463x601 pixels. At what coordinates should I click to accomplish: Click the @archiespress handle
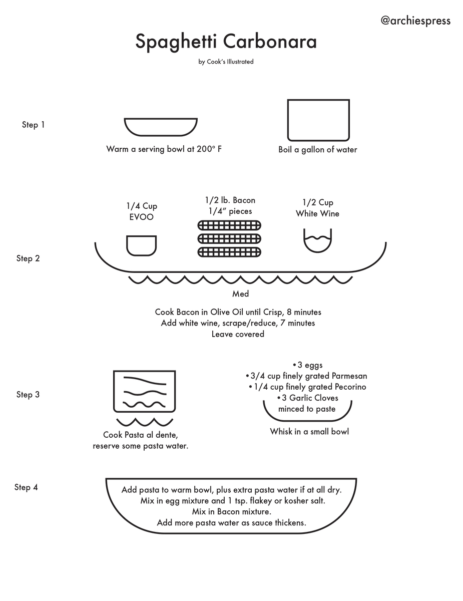[415, 21]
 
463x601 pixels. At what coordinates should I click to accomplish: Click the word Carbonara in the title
[270, 42]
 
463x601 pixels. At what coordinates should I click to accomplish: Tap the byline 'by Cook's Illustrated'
[226, 62]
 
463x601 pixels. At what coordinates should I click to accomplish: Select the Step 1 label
[33, 125]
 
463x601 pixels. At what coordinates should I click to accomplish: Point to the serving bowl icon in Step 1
[161, 127]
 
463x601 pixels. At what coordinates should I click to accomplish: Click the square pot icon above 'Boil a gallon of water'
[318, 120]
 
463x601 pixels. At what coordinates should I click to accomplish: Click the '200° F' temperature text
[209, 149]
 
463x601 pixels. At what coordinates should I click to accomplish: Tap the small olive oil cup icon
[141, 245]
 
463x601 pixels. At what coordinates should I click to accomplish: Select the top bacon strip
[230, 225]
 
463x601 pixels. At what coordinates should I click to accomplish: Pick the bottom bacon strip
[230, 251]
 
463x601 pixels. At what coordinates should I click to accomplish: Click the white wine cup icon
[317, 241]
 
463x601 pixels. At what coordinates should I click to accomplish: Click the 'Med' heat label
[240, 294]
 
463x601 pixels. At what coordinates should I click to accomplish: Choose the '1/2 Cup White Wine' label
[317, 208]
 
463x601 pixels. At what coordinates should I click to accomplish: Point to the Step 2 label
[28, 258]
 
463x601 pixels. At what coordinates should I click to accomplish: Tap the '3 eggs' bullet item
[307, 365]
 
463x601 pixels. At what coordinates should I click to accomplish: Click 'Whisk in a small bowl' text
[309, 431]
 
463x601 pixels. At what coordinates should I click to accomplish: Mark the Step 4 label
[26, 487]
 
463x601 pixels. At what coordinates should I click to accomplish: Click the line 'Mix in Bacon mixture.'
[231, 512]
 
